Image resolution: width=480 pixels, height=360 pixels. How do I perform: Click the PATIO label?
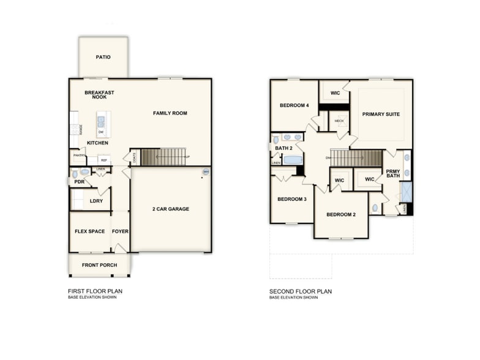[x=103, y=57]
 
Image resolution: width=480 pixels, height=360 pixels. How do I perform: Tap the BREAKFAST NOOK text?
[x=99, y=95]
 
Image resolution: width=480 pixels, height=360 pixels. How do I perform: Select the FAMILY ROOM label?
[x=170, y=113]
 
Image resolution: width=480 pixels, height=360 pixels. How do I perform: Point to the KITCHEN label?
[x=97, y=143]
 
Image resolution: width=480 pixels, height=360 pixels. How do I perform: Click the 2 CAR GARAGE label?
[x=170, y=209]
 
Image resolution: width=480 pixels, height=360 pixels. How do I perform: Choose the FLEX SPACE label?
[x=89, y=231]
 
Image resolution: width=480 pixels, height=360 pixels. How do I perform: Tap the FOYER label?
[x=120, y=231]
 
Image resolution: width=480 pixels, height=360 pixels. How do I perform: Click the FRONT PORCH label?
[x=99, y=266]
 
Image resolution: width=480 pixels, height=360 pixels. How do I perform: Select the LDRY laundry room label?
[x=96, y=201]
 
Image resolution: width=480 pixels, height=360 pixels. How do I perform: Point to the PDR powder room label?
[x=79, y=182]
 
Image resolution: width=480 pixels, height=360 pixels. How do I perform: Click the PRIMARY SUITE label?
[x=381, y=114]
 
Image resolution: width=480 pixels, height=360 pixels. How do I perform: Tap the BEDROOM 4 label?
[x=294, y=105]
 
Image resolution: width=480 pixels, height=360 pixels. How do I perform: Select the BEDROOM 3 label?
[x=291, y=199]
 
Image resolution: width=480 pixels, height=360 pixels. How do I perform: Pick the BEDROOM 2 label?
[x=341, y=214]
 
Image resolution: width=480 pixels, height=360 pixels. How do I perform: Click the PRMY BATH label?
[x=392, y=173]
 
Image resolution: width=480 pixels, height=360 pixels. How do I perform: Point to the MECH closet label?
[x=339, y=121]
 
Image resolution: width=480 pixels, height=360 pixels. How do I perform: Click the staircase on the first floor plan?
[x=163, y=157]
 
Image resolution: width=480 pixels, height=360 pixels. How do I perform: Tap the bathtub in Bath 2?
[x=293, y=160]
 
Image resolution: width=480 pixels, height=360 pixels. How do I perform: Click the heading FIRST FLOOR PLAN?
[x=95, y=291]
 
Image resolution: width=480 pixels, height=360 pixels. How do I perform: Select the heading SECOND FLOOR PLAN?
[x=301, y=291]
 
